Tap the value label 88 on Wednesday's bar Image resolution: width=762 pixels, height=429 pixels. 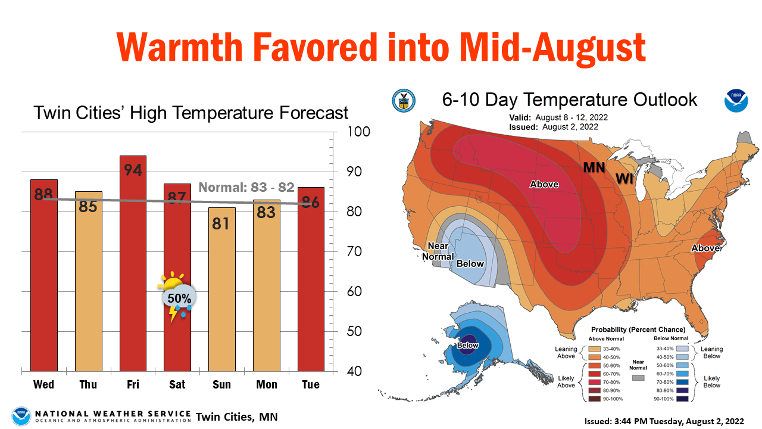[x=43, y=194]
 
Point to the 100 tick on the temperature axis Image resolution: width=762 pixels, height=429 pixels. [x=359, y=132]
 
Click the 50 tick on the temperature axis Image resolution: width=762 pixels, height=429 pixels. [x=355, y=331]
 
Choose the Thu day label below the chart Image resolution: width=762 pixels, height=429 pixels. [x=88, y=385]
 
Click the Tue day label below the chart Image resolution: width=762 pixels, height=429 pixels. [x=310, y=385]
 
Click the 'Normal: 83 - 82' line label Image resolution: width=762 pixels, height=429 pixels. [x=246, y=187]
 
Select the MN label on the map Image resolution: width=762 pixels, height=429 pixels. [x=594, y=168]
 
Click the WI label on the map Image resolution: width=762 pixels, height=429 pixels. [x=624, y=179]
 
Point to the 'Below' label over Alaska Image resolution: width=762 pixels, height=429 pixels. [x=467, y=345]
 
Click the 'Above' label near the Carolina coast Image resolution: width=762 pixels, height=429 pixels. [x=705, y=248]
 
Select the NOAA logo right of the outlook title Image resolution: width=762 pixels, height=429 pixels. [x=736, y=101]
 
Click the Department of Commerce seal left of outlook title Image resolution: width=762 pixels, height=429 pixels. [x=404, y=101]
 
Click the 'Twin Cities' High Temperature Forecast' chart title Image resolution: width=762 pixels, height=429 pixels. [x=190, y=113]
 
